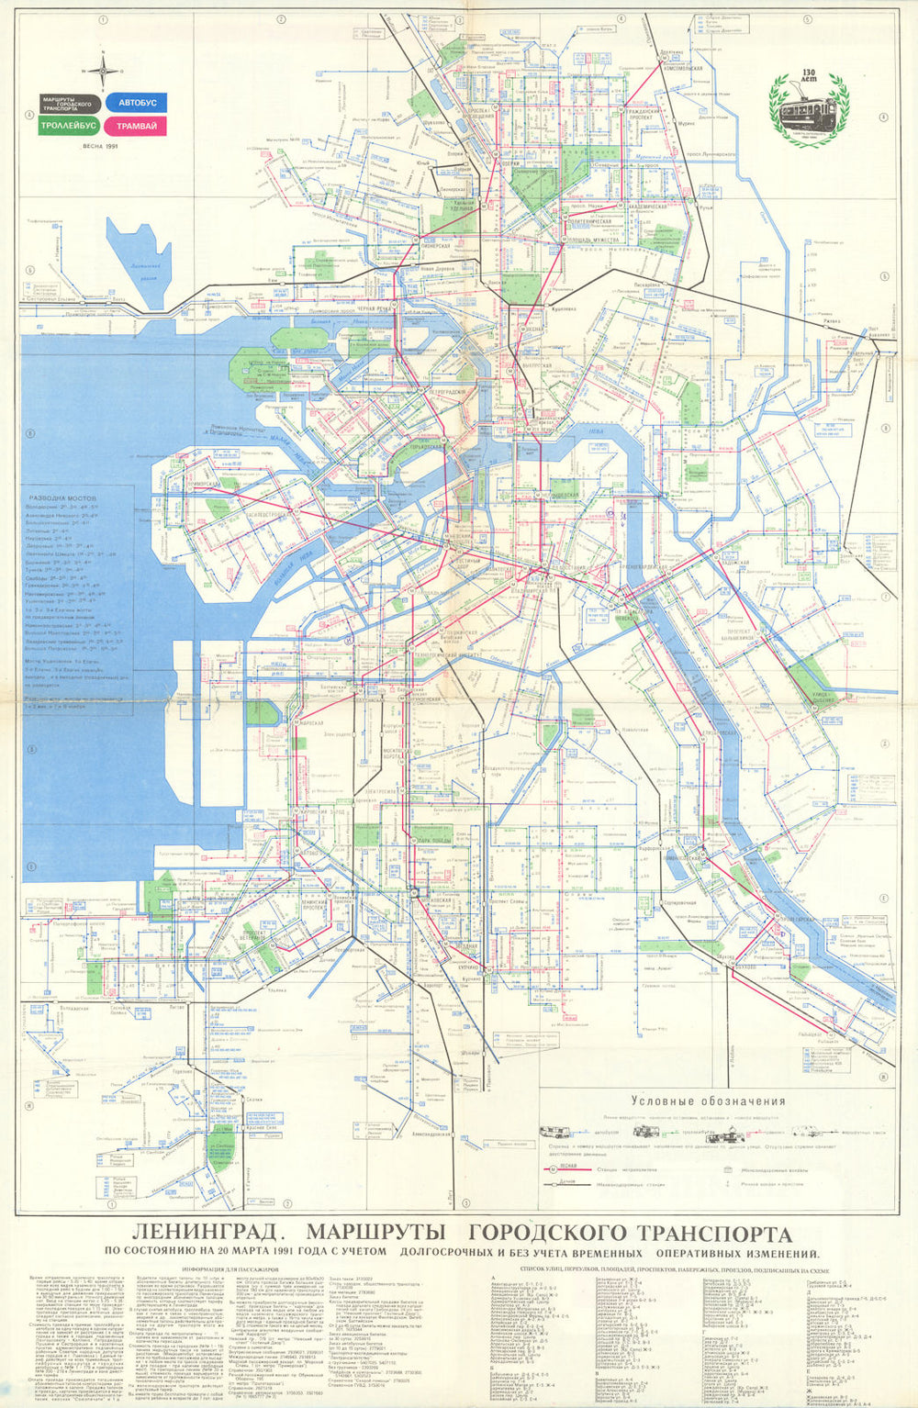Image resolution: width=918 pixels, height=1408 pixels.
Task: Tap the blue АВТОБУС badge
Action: tap(135, 103)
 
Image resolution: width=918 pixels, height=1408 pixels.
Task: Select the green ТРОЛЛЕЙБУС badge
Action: tap(71, 126)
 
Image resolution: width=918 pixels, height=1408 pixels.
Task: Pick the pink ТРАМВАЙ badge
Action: tap(136, 126)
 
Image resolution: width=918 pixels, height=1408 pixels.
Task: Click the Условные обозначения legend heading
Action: tap(708, 1101)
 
